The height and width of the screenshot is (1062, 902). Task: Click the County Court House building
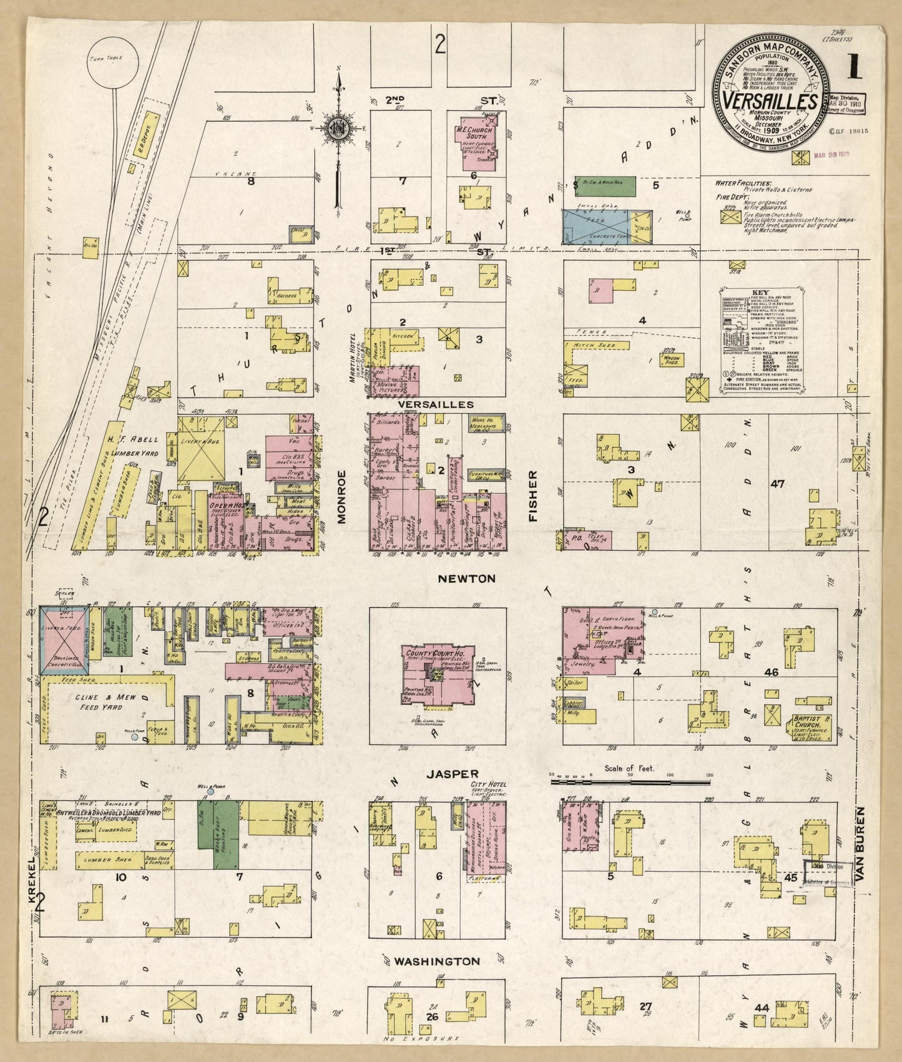click(x=436, y=675)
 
